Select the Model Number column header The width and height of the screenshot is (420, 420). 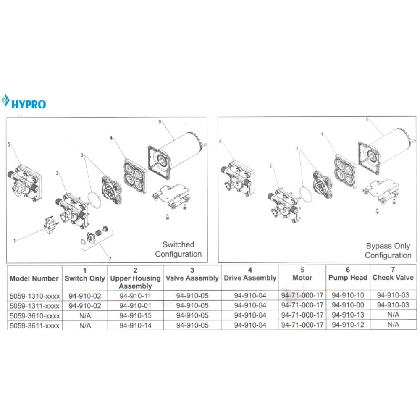[34, 278]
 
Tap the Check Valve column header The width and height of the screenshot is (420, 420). [393, 273]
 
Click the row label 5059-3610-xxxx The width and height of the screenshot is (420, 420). [34, 315]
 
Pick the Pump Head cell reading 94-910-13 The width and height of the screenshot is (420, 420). [347, 315]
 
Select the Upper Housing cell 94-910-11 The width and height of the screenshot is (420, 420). [135, 296]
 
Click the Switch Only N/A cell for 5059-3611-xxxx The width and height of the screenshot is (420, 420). [84, 325]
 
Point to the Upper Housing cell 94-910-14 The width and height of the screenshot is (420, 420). [135, 325]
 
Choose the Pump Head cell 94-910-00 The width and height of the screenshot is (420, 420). [347, 305]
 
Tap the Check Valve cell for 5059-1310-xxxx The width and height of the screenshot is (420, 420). [393, 296]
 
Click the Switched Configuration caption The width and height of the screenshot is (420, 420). [178, 249]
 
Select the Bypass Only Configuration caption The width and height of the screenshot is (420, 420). [388, 251]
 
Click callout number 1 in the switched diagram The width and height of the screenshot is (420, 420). [15, 241]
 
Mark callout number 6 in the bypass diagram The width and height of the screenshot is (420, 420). [220, 142]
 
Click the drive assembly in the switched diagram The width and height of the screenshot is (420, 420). [134, 176]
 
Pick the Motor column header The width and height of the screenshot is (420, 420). [302, 273]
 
